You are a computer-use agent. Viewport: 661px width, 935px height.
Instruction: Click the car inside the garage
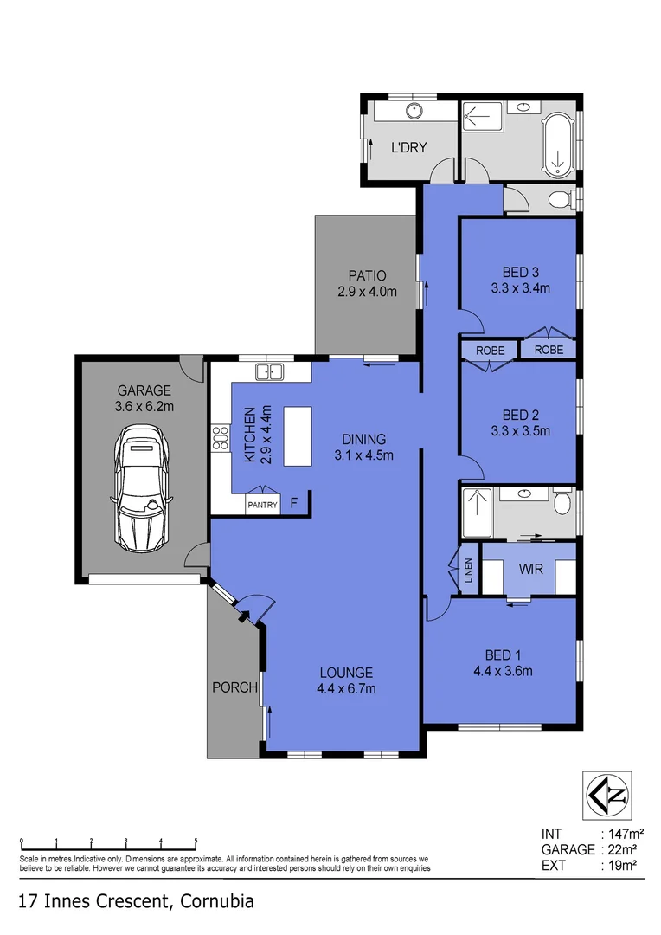pos(141,487)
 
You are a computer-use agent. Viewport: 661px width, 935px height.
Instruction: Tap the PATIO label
pos(367,276)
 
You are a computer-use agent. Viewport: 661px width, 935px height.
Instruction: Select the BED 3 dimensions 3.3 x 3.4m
pos(520,288)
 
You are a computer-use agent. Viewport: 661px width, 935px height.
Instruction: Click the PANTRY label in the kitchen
pos(263,504)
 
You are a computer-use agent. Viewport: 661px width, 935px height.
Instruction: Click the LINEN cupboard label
pos(468,570)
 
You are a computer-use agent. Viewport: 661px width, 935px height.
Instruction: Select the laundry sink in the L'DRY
pos(414,111)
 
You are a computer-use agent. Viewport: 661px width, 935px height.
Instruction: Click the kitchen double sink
pos(270,372)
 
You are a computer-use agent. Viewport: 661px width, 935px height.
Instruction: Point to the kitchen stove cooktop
pos(220,439)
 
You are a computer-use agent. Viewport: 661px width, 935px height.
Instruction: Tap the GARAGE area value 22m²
pos(619,849)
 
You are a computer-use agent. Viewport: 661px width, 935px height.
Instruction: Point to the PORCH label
pos(235,687)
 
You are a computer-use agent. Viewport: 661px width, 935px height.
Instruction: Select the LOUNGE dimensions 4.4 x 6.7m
pos(346,689)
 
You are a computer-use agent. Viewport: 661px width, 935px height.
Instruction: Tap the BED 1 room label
pos(502,654)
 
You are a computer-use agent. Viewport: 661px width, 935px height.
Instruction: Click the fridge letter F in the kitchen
pos(294,502)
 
